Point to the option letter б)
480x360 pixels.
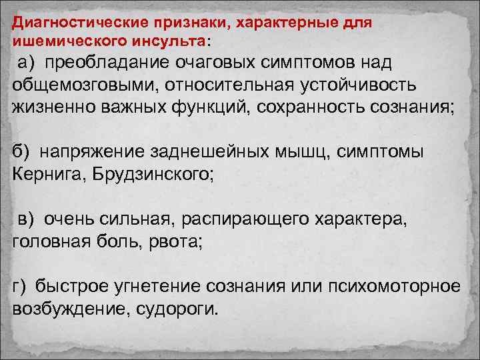point(21,152)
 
